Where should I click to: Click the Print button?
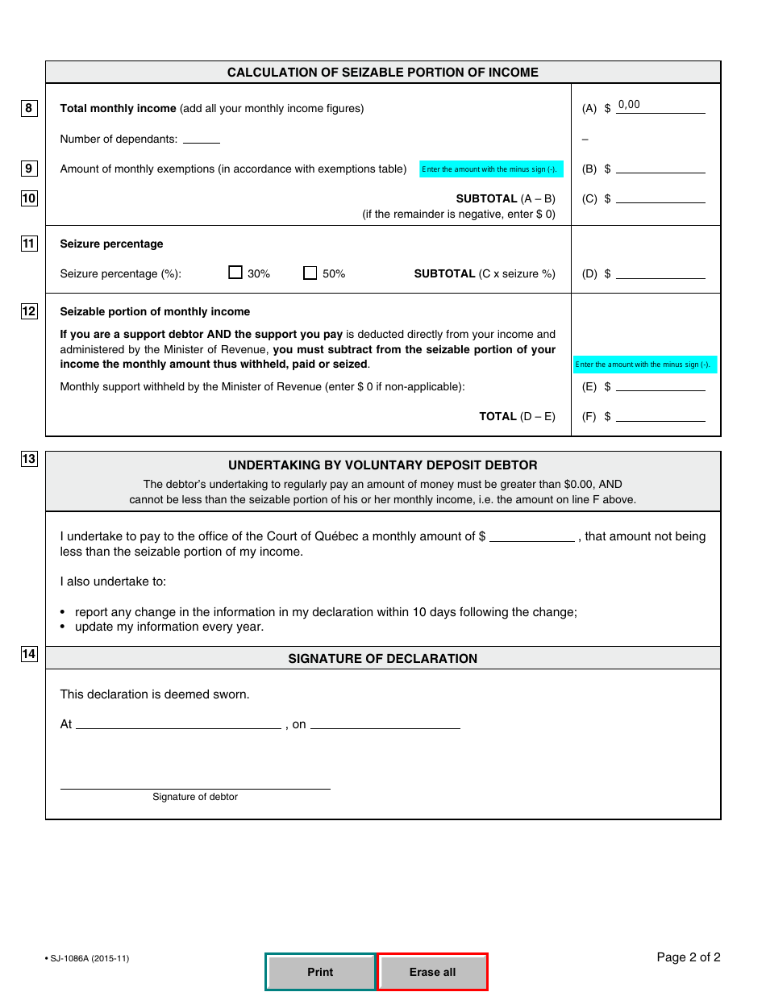pos(320,972)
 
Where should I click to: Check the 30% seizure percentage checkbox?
pos(235,273)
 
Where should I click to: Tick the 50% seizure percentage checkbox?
pos(310,273)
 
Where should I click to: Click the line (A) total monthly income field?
pos(660,106)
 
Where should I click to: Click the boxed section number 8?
pos(29,108)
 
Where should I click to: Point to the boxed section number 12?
pos(29,311)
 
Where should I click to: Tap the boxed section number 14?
pos(29,654)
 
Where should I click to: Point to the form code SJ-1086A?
pos(89,958)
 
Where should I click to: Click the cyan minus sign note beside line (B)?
pos(491,169)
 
